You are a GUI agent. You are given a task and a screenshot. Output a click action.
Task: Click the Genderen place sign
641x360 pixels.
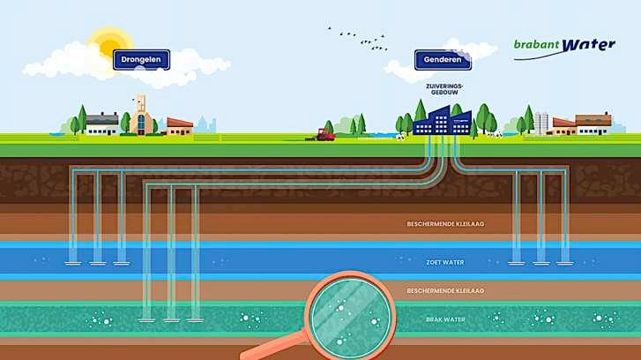[x=443, y=61]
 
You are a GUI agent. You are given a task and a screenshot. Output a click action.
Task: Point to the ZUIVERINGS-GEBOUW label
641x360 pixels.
[x=443, y=88]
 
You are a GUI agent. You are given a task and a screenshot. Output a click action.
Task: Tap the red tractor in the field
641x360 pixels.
[x=324, y=135]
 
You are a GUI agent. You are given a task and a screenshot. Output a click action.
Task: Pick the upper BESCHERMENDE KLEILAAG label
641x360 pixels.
[x=445, y=224]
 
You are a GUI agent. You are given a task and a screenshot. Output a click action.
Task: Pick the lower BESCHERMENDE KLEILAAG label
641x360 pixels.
[x=445, y=290]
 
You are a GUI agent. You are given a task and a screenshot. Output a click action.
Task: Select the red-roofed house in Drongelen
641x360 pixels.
[x=180, y=126]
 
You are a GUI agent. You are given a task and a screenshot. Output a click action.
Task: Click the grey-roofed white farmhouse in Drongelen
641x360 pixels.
[x=102, y=124]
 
